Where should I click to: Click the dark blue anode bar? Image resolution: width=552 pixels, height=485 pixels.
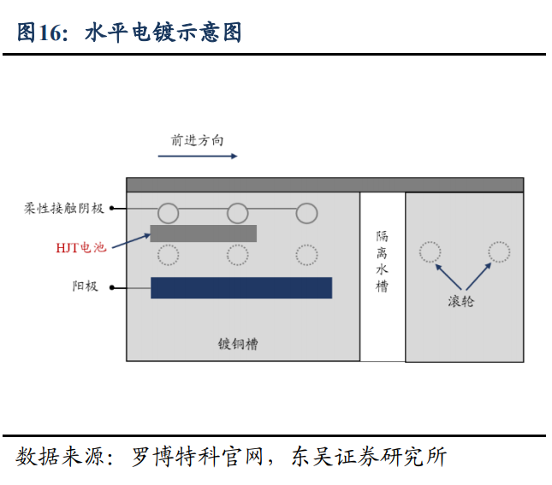point(241,288)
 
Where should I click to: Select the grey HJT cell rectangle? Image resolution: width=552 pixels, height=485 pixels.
point(203,234)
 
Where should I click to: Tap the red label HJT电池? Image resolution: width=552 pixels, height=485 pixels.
point(81,247)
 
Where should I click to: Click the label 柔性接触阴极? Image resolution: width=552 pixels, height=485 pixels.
point(63,209)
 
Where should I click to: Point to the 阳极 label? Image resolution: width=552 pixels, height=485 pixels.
point(85,287)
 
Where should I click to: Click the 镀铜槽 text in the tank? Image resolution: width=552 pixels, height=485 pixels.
point(238,344)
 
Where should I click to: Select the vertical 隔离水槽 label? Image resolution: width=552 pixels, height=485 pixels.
point(382,261)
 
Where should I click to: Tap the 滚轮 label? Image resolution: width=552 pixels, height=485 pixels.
point(461,301)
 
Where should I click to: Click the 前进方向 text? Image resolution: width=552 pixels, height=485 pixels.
point(197,140)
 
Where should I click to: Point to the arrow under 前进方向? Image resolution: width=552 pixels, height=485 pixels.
point(198,156)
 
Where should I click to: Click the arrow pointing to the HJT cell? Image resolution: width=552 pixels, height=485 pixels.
point(131,241)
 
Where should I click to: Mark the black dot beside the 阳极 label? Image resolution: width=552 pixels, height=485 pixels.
point(112,288)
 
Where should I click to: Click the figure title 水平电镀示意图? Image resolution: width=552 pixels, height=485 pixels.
point(163,33)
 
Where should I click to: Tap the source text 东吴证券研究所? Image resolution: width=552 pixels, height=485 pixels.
point(369,457)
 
